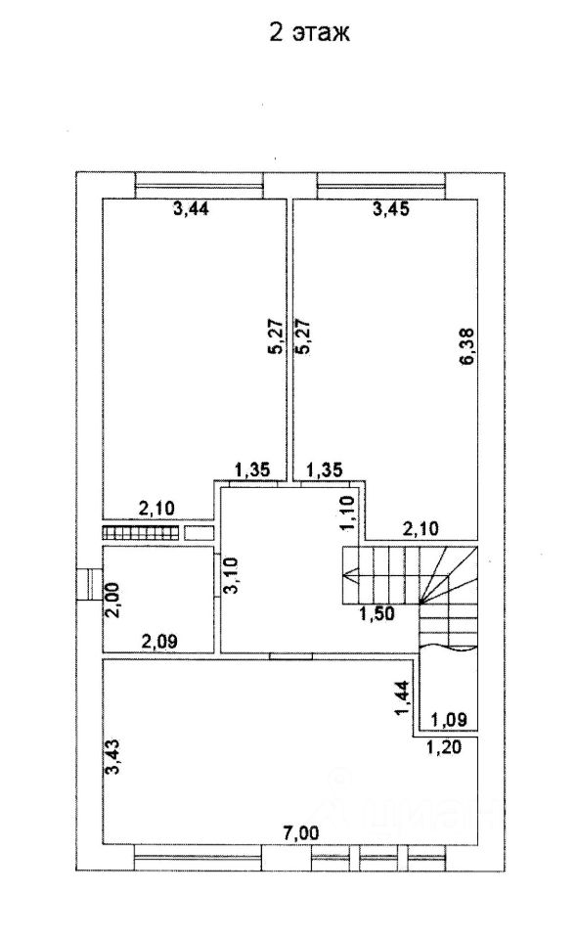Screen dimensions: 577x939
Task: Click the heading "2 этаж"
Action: pos(309,33)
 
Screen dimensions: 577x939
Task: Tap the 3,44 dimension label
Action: pos(191,209)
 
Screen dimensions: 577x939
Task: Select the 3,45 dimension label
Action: pos(391,209)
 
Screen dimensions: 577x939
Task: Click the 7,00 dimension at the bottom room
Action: pos(301,832)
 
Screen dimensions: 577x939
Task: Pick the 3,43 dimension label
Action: pos(113,757)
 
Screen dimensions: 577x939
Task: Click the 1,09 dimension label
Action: pos(450,719)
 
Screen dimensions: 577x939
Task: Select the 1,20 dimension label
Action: pos(444,747)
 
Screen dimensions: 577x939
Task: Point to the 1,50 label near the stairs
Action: pos(377,614)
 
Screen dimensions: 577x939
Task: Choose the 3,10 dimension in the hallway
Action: pos(231,575)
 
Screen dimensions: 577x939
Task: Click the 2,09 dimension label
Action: pos(158,642)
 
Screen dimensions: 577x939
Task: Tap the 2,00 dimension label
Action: pos(113,600)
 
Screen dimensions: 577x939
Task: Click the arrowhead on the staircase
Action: pos(349,579)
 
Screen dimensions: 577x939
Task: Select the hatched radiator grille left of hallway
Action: pos(141,532)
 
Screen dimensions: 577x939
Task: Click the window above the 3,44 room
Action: pos(200,186)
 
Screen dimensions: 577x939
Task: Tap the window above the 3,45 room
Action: pos(381,186)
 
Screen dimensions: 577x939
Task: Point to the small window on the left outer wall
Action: pos(89,585)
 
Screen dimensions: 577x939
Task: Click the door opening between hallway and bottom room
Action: pos(290,655)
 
